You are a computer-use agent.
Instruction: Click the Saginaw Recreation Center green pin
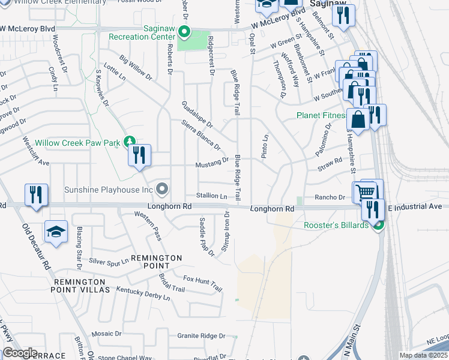coord(185,32)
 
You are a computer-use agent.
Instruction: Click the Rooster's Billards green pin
coord(378,226)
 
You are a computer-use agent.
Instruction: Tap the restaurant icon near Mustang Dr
coord(139,156)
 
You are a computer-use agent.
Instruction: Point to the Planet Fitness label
coord(321,115)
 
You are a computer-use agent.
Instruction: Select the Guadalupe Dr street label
coord(197,114)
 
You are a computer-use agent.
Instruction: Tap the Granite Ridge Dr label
coord(201,336)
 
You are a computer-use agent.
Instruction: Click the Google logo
coord(20,353)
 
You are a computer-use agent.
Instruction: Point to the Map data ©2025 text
coord(423,355)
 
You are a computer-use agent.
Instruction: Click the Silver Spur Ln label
coord(109,262)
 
